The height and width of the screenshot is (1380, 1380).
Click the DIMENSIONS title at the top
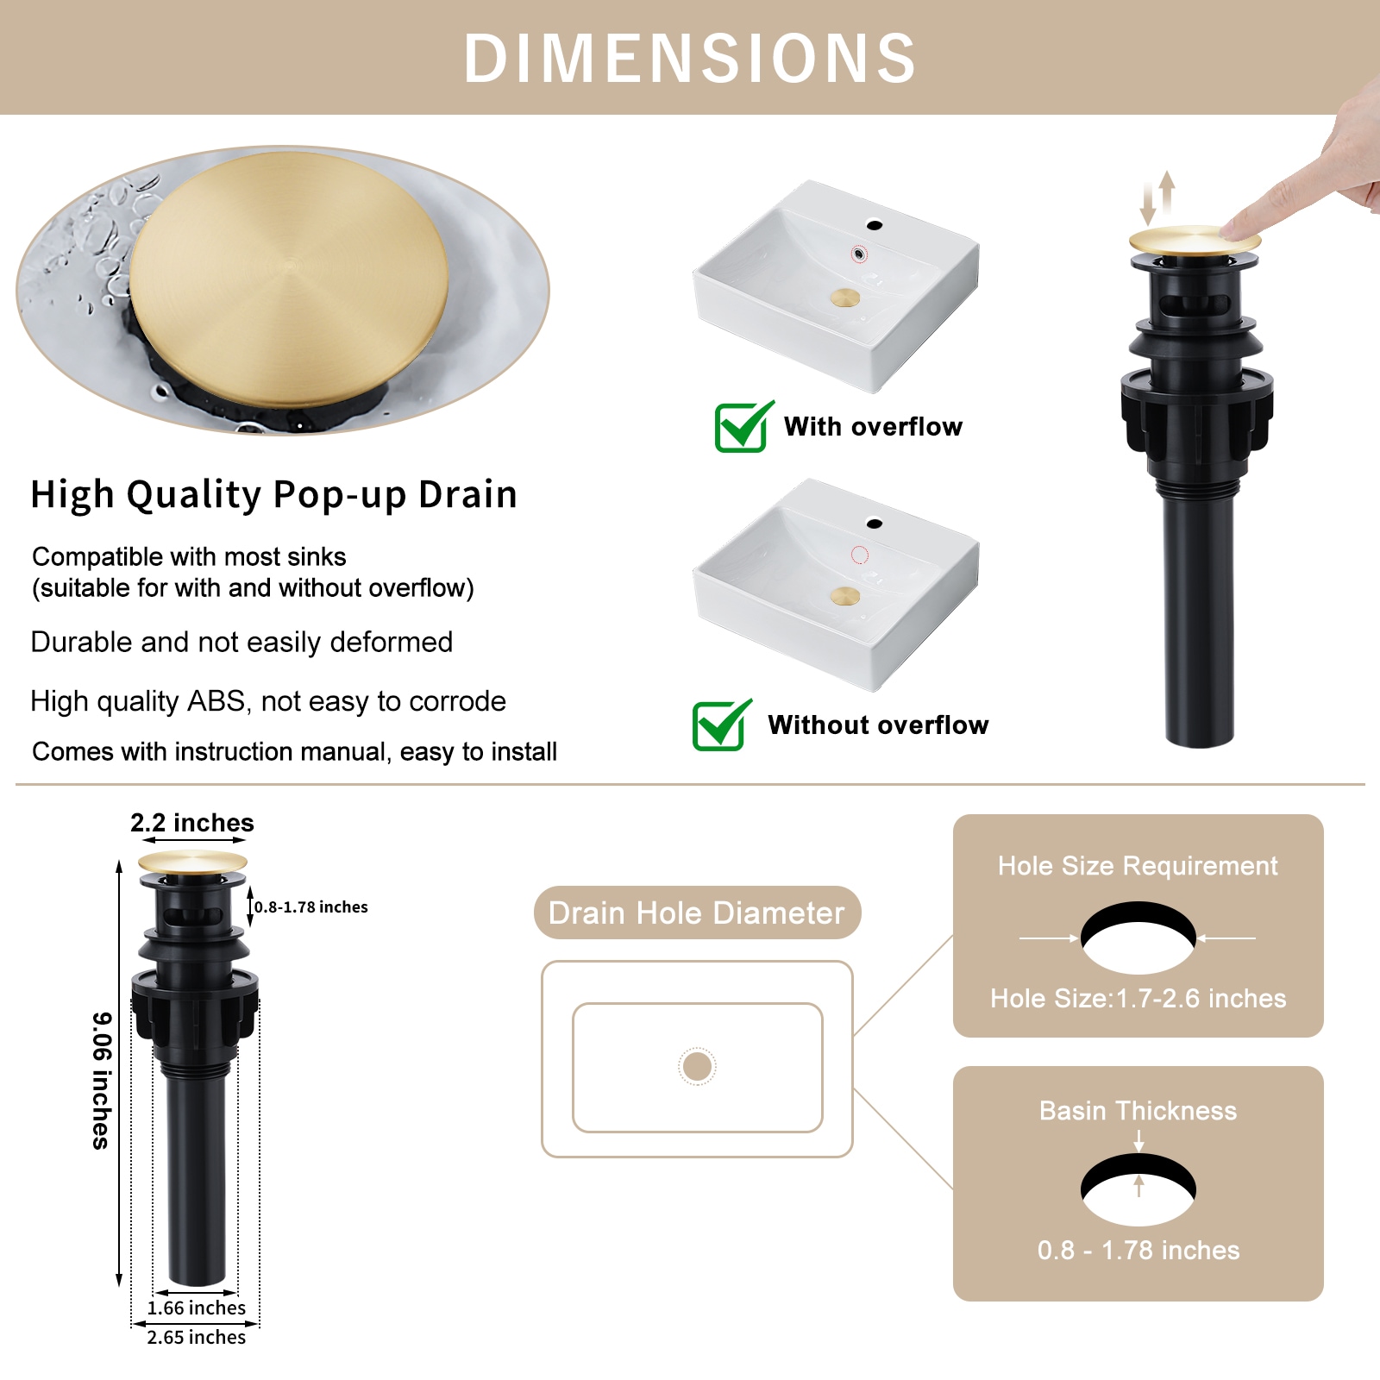(690, 59)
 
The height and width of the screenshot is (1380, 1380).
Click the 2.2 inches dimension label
(192, 823)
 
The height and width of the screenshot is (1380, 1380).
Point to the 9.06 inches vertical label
(102, 1080)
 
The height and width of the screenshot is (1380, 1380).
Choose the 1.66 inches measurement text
(197, 1308)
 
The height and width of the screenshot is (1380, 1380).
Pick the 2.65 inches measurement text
(197, 1337)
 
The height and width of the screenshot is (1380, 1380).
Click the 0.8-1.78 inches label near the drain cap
(310, 906)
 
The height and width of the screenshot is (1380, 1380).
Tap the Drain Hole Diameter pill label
(697, 913)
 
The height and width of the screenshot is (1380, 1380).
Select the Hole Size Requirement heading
(1138, 865)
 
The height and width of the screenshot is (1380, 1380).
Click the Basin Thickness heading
(1138, 1110)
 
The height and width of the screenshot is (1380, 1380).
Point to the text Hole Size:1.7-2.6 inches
(1138, 998)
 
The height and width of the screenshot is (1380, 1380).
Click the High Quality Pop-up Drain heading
(273, 494)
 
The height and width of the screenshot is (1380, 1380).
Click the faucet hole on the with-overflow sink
(875, 226)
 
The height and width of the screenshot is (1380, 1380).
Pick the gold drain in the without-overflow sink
(845, 596)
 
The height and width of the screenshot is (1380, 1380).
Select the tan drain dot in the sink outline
(697, 1066)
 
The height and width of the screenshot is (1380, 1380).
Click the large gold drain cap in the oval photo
(289, 278)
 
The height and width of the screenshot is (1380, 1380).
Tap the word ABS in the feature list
(216, 701)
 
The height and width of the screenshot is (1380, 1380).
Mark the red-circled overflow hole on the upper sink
(859, 254)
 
